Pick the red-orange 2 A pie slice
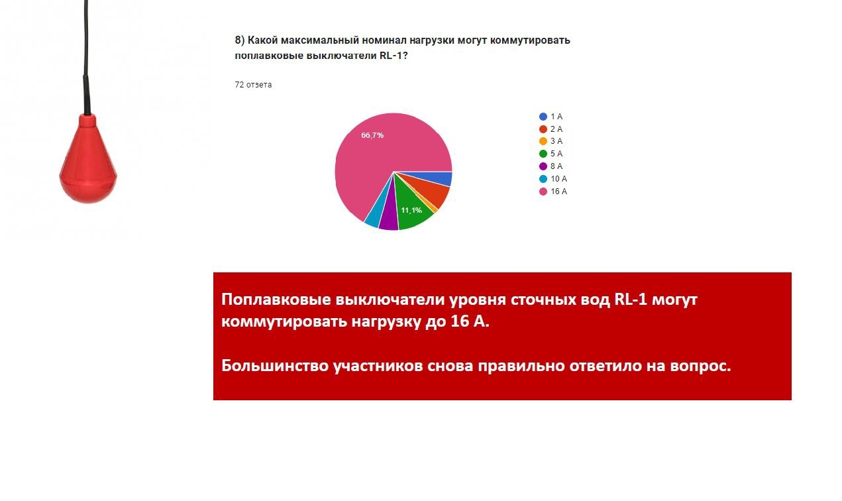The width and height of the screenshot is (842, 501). tap(436, 193)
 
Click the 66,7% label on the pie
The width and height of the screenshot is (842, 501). tap(372, 135)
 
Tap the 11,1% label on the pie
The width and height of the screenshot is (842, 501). tap(411, 210)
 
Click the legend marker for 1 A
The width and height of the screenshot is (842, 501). tap(543, 117)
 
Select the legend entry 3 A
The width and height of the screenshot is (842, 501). tap(551, 141)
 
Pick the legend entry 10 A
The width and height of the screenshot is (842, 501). tap(553, 179)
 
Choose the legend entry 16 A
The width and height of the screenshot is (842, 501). tap(553, 192)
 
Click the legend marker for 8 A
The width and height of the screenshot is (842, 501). tap(543, 166)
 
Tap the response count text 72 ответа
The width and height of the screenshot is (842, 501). tap(253, 85)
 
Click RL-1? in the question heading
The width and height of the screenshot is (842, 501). tap(394, 56)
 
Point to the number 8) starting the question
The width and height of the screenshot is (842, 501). tap(239, 40)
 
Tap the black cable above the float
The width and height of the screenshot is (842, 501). tap(87, 56)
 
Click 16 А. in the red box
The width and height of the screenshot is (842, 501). tap(470, 321)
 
